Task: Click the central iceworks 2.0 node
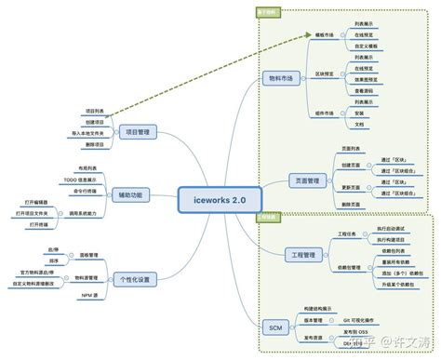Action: click(x=220, y=198)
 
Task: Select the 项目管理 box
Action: click(x=138, y=132)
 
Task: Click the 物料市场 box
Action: click(x=278, y=79)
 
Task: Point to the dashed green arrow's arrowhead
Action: click(x=306, y=34)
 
